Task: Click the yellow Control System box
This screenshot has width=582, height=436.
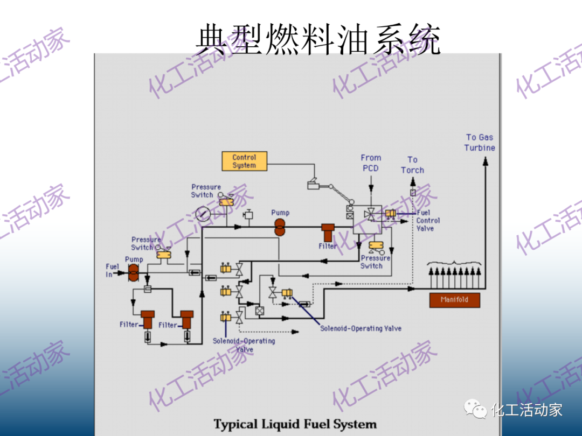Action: [x=244, y=161]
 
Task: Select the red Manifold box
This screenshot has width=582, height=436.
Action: [x=454, y=300]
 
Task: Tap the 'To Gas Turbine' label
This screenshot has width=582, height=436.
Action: [x=480, y=143]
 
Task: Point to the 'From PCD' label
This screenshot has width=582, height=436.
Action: [x=371, y=163]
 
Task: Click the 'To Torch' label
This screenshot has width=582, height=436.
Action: [x=412, y=165]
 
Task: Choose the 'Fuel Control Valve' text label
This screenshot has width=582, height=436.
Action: [x=428, y=221]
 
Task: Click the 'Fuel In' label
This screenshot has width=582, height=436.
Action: [x=112, y=270]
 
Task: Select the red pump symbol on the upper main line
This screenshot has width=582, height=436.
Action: [x=280, y=227]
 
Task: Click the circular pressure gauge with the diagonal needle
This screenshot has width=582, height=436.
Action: [x=204, y=214]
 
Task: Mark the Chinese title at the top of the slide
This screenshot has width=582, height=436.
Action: [x=318, y=39]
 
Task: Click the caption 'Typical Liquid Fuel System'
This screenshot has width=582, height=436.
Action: [x=295, y=424]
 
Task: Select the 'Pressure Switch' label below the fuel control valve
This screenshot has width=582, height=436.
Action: [x=375, y=262]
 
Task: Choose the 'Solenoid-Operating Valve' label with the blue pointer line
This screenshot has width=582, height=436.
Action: [x=361, y=328]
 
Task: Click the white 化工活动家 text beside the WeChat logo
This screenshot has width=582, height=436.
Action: [x=527, y=410]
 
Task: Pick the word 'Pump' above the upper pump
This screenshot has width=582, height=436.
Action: [x=280, y=213]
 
